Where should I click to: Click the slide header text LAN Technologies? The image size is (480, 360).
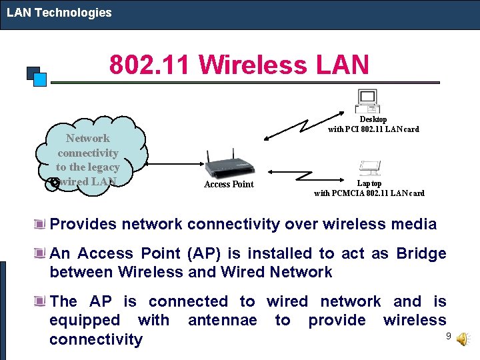[59, 13]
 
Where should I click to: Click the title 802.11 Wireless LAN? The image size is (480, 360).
[239, 65]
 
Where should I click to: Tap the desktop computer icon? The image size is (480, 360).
[369, 101]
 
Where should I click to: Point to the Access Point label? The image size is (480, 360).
[229, 185]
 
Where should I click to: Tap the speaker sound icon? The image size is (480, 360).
[462, 339]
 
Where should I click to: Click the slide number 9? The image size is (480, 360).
[449, 335]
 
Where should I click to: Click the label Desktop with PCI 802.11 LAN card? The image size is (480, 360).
[373, 125]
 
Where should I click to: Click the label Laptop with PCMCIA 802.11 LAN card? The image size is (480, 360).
[369, 189]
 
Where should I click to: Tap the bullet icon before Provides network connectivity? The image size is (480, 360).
[41, 223]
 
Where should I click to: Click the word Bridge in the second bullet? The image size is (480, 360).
[421, 253]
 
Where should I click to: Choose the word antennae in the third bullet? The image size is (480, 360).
[222, 321]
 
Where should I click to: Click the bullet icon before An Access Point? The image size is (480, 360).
[41, 253]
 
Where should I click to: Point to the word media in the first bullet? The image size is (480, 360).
[413, 224]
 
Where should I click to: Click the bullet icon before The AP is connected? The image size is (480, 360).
[41, 301]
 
